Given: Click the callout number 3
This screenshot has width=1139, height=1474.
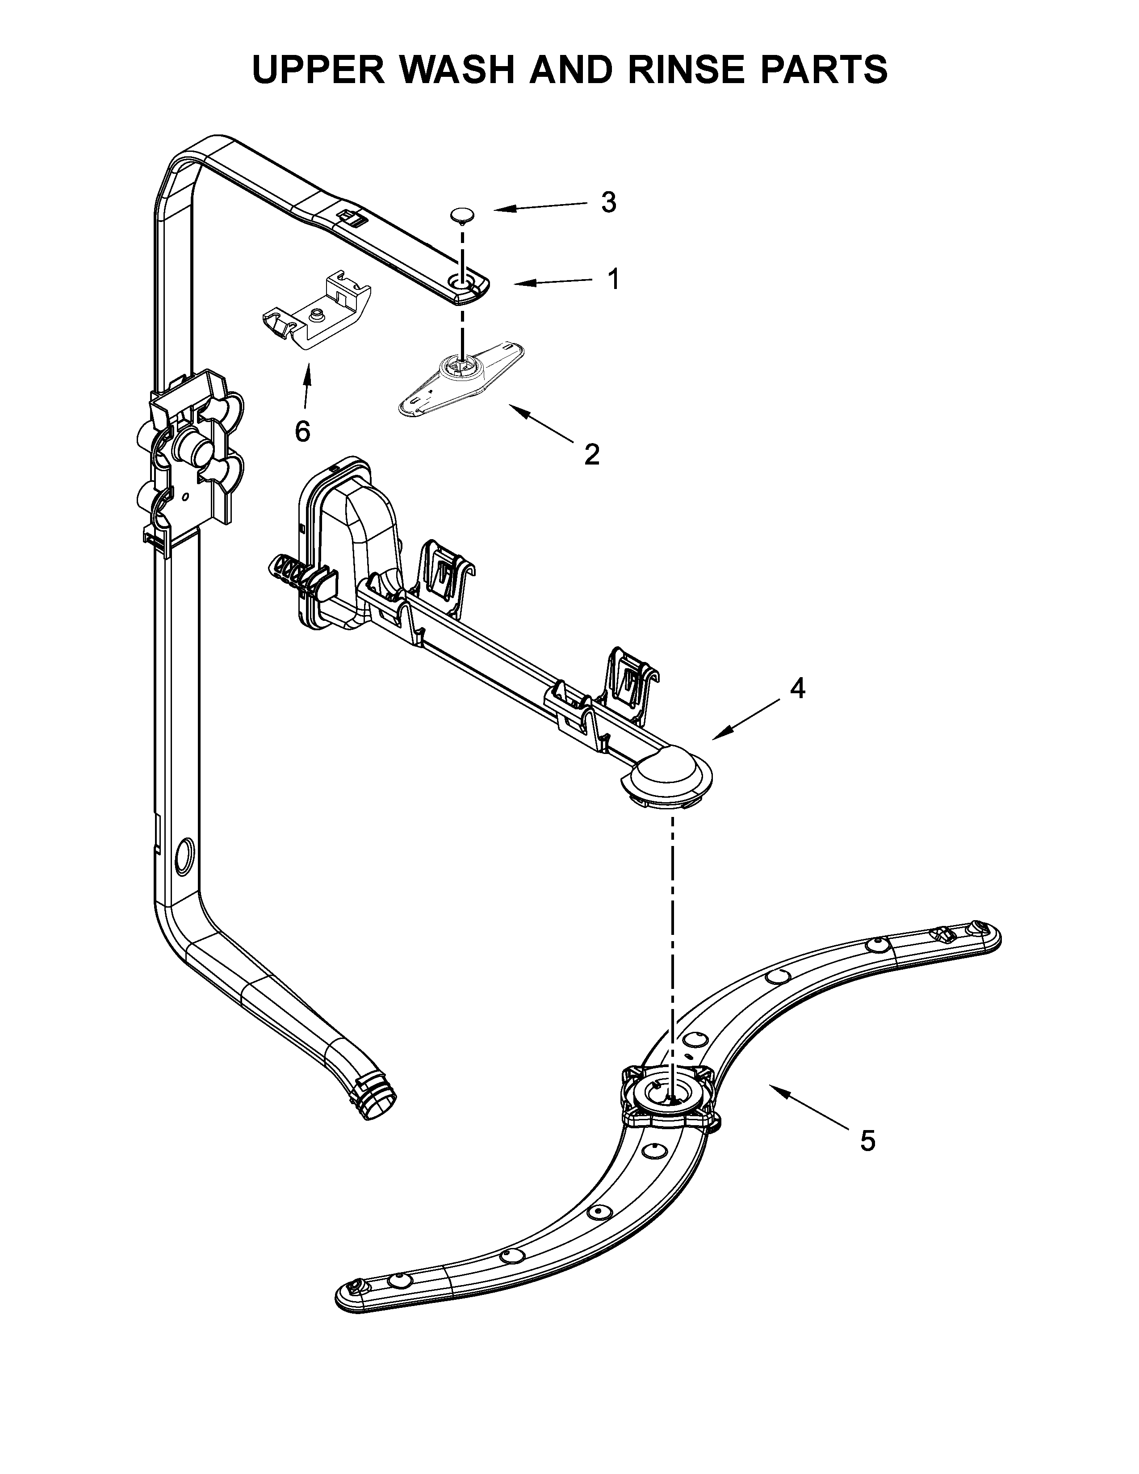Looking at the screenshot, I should tap(609, 202).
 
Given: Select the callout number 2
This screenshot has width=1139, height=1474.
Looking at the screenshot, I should tap(592, 454).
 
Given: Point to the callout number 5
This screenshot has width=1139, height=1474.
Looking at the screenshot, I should tap(868, 1141).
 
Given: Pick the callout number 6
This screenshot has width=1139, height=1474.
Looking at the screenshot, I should tap(302, 431).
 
